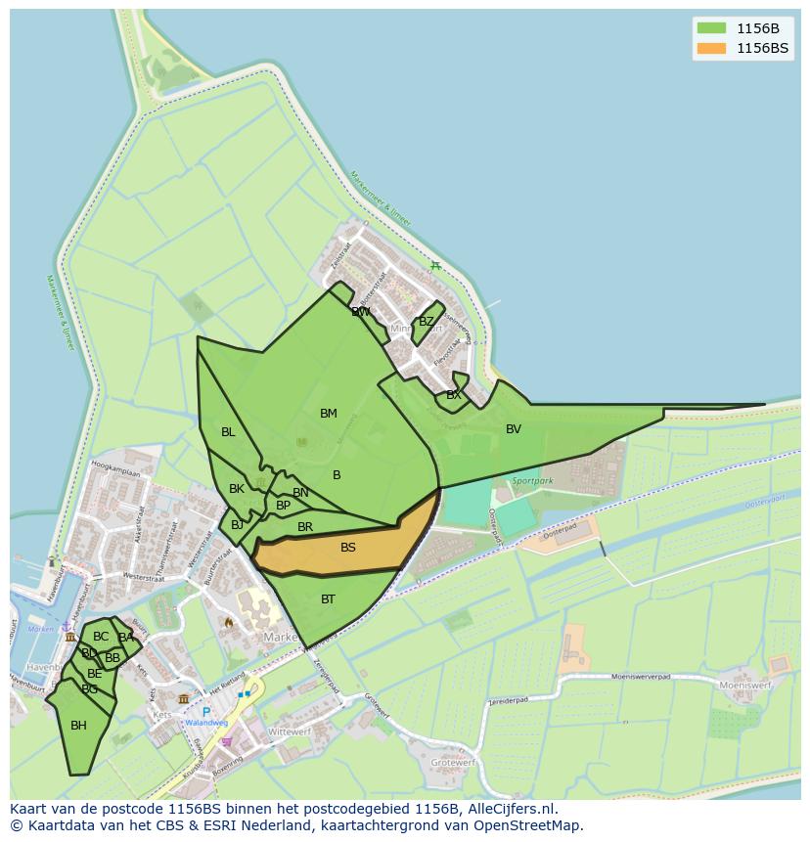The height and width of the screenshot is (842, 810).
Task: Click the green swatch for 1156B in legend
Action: point(711,28)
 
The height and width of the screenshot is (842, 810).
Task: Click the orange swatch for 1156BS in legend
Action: point(711,48)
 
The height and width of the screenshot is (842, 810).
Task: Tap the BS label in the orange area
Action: point(348,548)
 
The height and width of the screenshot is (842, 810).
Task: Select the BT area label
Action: point(328,599)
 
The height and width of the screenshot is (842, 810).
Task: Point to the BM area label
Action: point(329,414)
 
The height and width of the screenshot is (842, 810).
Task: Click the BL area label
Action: point(228,432)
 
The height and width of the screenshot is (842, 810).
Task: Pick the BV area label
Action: point(514,429)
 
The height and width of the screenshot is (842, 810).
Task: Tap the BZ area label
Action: point(427,322)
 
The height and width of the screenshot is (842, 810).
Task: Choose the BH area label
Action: point(78,726)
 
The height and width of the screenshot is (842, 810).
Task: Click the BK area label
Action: point(237,489)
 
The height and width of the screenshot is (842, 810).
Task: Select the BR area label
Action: point(305,527)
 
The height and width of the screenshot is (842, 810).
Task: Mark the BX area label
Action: point(453,395)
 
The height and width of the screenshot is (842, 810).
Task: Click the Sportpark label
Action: point(532,481)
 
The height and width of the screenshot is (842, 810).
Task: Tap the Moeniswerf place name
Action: point(745,686)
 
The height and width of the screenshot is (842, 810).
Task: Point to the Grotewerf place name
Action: point(454,762)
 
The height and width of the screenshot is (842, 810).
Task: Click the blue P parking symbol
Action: point(206,712)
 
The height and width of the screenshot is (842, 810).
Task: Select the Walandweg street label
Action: point(206,724)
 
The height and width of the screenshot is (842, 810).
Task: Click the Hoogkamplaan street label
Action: point(114,471)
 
